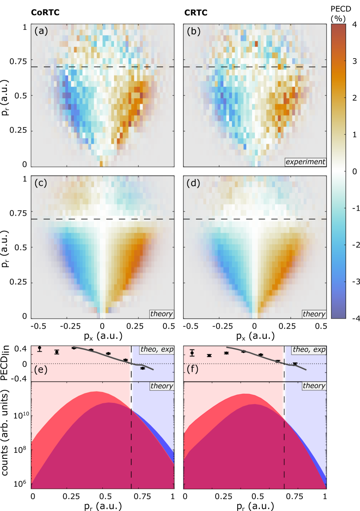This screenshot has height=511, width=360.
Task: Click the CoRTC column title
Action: [x=48, y=13]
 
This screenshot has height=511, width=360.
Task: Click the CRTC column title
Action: [x=196, y=13]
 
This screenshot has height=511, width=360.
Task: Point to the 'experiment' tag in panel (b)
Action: [x=305, y=162]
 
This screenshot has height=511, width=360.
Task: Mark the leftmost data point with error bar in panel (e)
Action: [x=39, y=349]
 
